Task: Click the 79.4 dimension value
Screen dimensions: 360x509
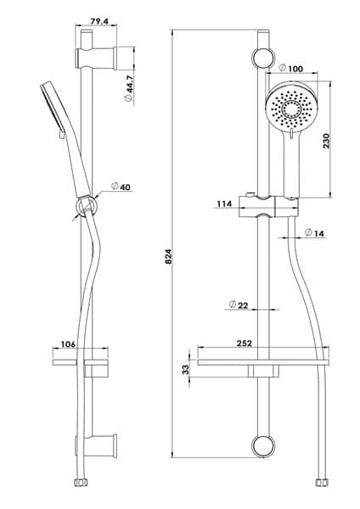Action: click(98, 22)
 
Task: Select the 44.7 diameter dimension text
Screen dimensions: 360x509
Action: click(129, 88)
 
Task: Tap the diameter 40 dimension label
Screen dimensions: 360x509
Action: click(121, 187)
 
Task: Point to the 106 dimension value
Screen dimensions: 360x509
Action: click(68, 344)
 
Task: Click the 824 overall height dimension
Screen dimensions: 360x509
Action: click(168, 256)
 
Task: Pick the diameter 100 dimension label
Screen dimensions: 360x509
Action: click(291, 68)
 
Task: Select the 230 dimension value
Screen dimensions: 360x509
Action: click(326, 141)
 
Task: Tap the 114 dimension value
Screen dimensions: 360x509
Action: click(224, 204)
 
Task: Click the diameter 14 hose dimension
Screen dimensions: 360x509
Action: click(315, 232)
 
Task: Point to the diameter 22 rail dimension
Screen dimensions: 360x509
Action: click(239, 305)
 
